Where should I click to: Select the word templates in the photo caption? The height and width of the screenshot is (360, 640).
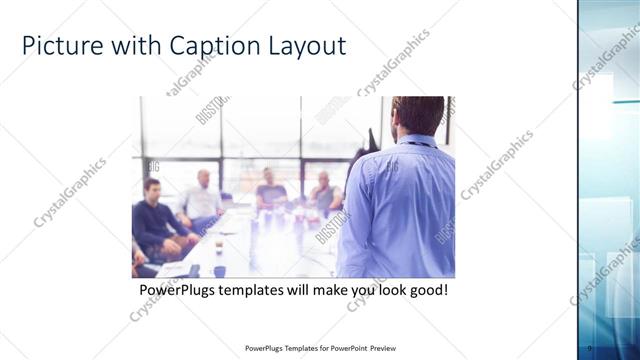(x=255, y=290)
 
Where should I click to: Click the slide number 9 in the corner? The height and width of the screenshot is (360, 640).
(x=590, y=348)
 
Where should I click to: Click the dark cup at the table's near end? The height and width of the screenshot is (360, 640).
(x=218, y=245)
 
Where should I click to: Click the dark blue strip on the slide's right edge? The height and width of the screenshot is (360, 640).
(x=579, y=180)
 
